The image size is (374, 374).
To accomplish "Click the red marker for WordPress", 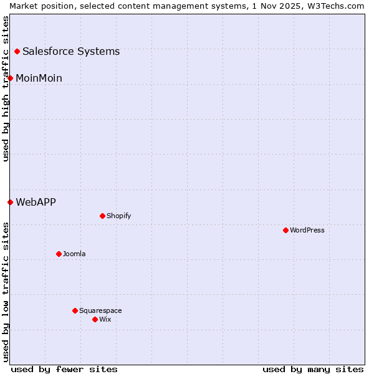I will [285, 230].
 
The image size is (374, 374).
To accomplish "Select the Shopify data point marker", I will [102, 216].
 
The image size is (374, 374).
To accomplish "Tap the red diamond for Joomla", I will [59, 254].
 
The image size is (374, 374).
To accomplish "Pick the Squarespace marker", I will [75, 310].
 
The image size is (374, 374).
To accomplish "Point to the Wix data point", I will [95, 319].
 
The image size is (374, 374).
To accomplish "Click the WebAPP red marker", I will [10, 202].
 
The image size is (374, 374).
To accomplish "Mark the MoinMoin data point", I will [10, 78].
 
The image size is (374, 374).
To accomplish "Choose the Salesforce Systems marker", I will [17, 51].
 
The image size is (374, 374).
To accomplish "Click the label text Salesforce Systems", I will [71, 51].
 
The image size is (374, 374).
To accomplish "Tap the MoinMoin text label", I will [39, 78].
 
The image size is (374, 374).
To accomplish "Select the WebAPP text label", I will [36, 202].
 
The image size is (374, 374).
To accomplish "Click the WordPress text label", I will [307, 230].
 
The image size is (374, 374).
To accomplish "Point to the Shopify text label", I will [118, 216].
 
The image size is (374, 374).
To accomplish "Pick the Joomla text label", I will [74, 254].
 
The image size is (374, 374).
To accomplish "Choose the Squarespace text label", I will [100, 310].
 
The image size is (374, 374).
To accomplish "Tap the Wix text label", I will [105, 319].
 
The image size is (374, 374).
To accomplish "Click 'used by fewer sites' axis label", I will [64, 369].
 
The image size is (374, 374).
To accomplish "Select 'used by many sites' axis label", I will [313, 369].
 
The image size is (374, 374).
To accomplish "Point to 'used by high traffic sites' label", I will [6, 89].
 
